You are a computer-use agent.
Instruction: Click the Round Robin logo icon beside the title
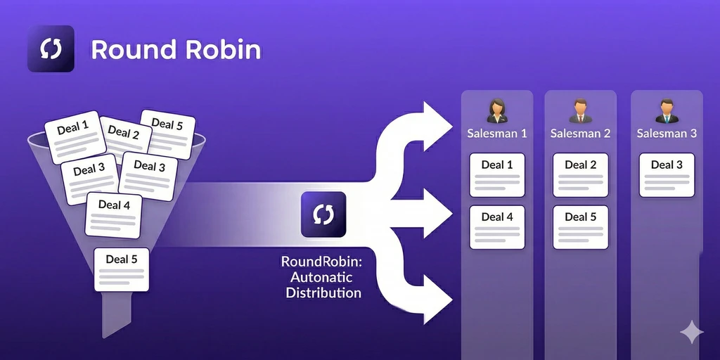click(x=51, y=49)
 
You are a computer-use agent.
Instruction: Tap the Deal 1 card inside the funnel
click(x=74, y=134)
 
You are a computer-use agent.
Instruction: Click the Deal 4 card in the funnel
click(x=114, y=213)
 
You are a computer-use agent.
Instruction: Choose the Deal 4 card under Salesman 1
click(x=497, y=226)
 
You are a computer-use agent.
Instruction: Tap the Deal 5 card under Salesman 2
click(x=580, y=226)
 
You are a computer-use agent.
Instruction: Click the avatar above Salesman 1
click(x=497, y=111)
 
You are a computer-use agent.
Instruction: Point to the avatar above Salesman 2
click(x=580, y=111)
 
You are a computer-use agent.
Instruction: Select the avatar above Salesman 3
click(x=666, y=111)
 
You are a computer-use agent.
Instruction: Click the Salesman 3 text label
click(x=667, y=133)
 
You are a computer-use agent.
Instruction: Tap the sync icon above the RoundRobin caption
click(x=323, y=214)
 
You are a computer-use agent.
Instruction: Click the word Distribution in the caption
click(x=323, y=292)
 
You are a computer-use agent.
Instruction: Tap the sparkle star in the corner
click(x=691, y=333)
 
